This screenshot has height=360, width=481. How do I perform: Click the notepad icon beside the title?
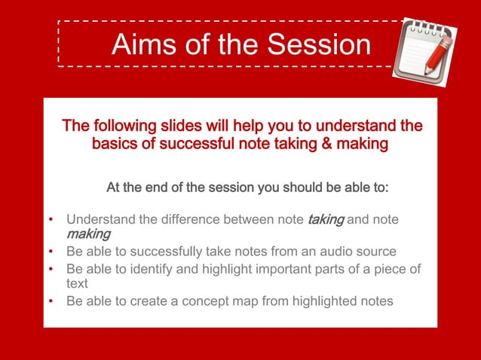[426, 47]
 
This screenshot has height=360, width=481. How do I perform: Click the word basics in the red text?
[116, 142]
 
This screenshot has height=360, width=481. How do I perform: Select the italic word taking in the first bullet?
[326, 219]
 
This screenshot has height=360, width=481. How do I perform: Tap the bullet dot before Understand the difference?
[51, 220]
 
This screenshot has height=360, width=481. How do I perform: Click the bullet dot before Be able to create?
[51, 301]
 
